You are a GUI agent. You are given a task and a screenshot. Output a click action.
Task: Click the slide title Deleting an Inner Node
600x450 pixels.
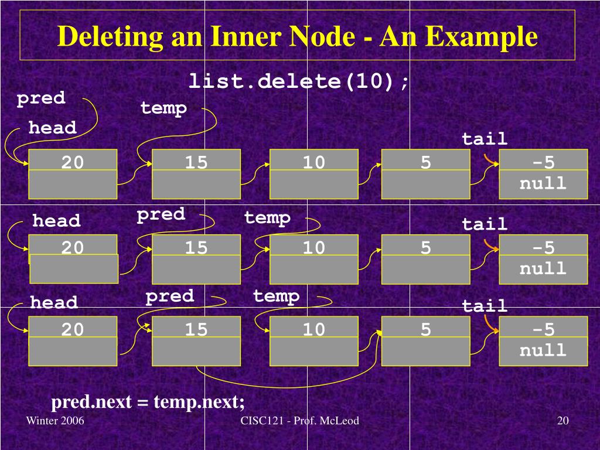coord(297,37)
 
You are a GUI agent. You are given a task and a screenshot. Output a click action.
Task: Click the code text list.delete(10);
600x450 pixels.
coord(299,81)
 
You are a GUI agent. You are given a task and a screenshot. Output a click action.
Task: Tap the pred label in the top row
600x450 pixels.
coord(41,98)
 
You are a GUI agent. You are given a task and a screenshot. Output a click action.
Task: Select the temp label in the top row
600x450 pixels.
coord(163,108)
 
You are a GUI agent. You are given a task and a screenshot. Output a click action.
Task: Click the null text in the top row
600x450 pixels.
coord(543,183)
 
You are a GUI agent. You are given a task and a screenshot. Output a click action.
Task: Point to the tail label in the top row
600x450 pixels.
coord(485,139)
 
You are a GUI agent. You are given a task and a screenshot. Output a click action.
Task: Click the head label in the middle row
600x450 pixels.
coord(56,221)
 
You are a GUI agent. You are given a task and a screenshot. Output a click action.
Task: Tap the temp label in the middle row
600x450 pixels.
coord(267,218)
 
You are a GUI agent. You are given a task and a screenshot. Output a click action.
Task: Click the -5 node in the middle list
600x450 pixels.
coord(543,247)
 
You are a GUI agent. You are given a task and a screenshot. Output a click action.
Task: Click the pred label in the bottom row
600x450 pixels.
coord(170,296)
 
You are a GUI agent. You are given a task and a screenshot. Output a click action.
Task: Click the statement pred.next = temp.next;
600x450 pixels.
coord(148,403)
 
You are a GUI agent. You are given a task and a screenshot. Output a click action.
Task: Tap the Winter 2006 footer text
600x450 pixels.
coord(56,421)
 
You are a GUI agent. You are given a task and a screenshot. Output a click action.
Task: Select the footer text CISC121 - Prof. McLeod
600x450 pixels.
coord(299,421)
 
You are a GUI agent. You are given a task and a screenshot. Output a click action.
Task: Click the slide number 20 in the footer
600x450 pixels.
coord(563,421)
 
